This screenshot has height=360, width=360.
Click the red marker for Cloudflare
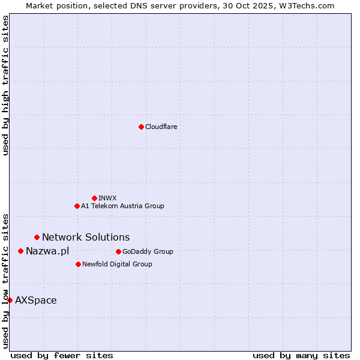pos(141,127)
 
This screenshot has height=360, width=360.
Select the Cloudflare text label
pos(161,127)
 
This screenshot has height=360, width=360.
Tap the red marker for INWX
pos(94,198)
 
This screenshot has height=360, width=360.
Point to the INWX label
pos(107,198)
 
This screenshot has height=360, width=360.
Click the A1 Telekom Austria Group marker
pos(77,206)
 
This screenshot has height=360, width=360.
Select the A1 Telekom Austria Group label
pos(122,206)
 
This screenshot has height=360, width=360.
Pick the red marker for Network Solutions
pos(37,238)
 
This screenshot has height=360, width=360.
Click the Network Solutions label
pos(86,238)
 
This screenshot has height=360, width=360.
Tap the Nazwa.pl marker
pos(20,251)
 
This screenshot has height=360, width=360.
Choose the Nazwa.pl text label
pos(47,251)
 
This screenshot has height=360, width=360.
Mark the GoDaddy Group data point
pos(118,251)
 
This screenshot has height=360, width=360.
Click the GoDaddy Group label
pos(148,251)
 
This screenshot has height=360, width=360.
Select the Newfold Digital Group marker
pos(78,264)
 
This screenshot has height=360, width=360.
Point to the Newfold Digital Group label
pos(117,264)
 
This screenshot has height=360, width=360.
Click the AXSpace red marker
pos(10,300)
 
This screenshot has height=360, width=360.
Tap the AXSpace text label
pos(36,300)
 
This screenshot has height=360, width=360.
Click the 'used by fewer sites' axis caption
pos(62,355)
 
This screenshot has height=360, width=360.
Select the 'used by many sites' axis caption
pos(301,355)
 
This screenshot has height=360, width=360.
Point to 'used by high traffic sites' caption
pos(5,85)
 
